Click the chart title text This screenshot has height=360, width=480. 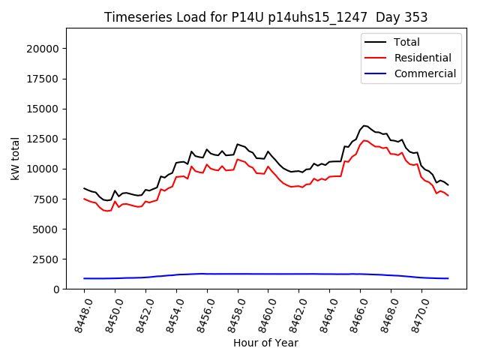pos(265,17)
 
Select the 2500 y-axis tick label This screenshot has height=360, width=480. pos(46,259)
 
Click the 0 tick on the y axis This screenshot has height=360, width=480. pos(55,289)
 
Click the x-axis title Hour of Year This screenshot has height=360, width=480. pos(265,343)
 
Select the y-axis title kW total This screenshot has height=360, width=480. pos(15,159)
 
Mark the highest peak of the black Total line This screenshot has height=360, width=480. pos(364,126)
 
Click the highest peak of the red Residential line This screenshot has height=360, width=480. pos(364,140)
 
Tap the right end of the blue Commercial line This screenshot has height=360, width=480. pos(448,278)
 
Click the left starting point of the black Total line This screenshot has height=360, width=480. pos(84,188)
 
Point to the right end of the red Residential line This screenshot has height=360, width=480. pos(448,196)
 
